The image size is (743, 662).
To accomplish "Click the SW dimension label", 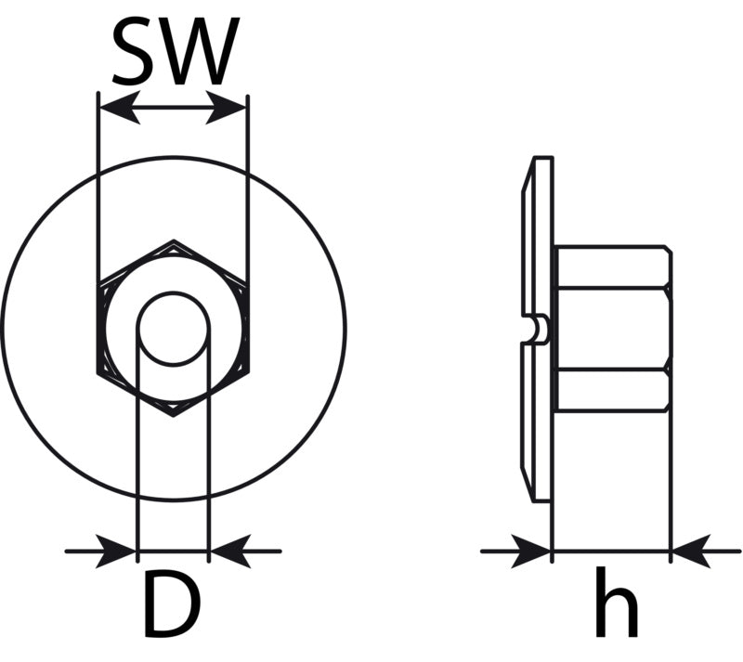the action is (x=176, y=51).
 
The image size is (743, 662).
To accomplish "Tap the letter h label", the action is (x=616, y=602).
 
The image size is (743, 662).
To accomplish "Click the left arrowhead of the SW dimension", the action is (x=120, y=108).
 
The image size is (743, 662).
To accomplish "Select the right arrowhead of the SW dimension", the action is (x=226, y=108).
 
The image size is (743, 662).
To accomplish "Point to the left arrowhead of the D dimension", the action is (x=115, y=552).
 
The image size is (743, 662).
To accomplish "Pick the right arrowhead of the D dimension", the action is (x=230, y=552).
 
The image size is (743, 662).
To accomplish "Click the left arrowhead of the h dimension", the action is (x=530, y=552).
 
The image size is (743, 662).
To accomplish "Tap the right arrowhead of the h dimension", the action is (x=691, y=552).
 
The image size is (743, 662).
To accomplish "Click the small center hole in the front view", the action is (x=174, y=329).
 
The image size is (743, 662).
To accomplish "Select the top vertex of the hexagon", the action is (x=174, y=240).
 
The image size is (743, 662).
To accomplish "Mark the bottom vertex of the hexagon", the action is (x=174, y=417).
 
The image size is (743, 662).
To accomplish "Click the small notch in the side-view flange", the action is (x=540, y=329).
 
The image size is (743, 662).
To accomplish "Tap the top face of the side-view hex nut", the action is (x=613, y=266).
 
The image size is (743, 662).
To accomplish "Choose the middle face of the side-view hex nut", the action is (x=613, y=328).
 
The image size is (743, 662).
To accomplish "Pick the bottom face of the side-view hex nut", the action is (x=613, y=390).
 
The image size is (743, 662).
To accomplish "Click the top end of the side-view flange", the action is (x=542, y=157).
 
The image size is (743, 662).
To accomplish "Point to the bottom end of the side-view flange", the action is (x=542, y=500).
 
